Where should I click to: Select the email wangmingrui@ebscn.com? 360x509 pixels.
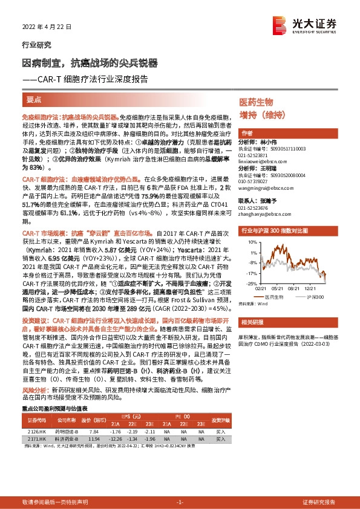261,187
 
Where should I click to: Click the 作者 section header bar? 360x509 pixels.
290,133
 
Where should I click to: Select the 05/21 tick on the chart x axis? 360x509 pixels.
277,288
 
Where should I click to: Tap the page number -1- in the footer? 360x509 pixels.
180,502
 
